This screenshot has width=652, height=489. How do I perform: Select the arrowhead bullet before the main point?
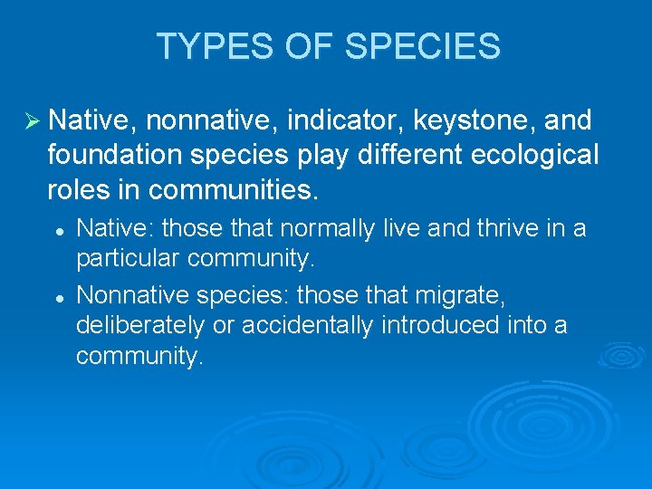pyautogui.click(x=32, y=120)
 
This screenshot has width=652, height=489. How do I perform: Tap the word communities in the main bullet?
pyautogui.click(x=234, y=190)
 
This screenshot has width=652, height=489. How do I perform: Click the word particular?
pyautogui.click(x=128, y=261)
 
